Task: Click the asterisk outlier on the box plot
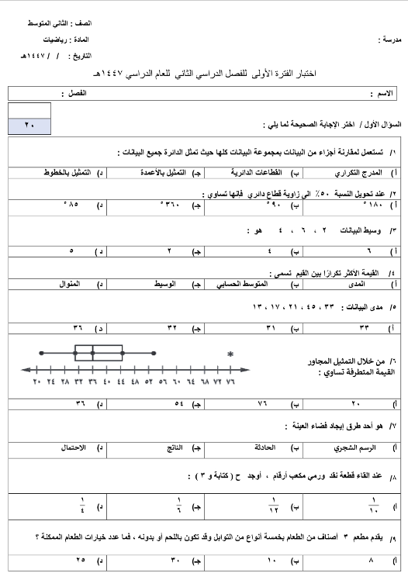(x=230, y=354)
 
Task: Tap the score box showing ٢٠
(x=29, y=125)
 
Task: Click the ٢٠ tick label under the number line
(x=36, y=381)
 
